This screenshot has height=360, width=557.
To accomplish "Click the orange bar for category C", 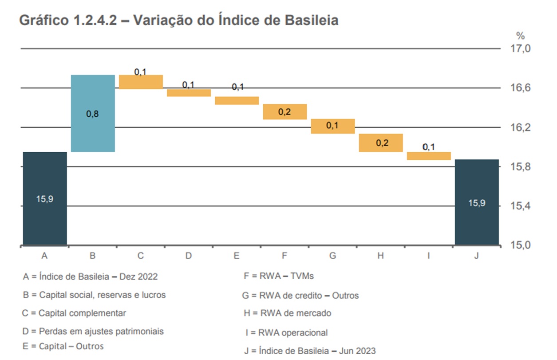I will [x=141, y=82].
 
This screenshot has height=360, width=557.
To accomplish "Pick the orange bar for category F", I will [x=284, y=112].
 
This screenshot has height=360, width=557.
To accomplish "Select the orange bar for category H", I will [x=380, y=142].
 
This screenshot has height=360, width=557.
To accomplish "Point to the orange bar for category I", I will [x=428, y=156].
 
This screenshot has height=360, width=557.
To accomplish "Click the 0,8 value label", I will [x=92, y=114].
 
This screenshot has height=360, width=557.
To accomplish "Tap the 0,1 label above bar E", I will [x=237, y=87].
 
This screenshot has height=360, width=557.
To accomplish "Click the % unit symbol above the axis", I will [x=520, y=36].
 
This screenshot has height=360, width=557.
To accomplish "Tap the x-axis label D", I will [x=189, y=256].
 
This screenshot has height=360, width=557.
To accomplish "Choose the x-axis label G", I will [x=332, y=256].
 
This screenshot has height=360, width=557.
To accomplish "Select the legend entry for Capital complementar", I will [x=74, y=313].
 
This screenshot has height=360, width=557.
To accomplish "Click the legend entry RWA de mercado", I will [x=287, y=313].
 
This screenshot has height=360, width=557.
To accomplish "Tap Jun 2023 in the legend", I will [x=357, y=350].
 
